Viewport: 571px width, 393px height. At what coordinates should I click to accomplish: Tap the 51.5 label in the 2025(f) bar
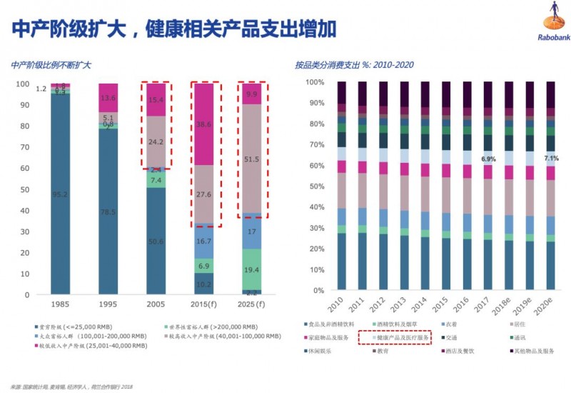(x=251, y=159)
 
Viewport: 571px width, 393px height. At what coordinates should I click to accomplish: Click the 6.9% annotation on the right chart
(x=489, y=158)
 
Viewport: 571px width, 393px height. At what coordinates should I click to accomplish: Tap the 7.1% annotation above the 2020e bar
(x=552, y=158)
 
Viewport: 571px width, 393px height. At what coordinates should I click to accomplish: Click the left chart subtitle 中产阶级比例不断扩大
(x=51, y=65)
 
